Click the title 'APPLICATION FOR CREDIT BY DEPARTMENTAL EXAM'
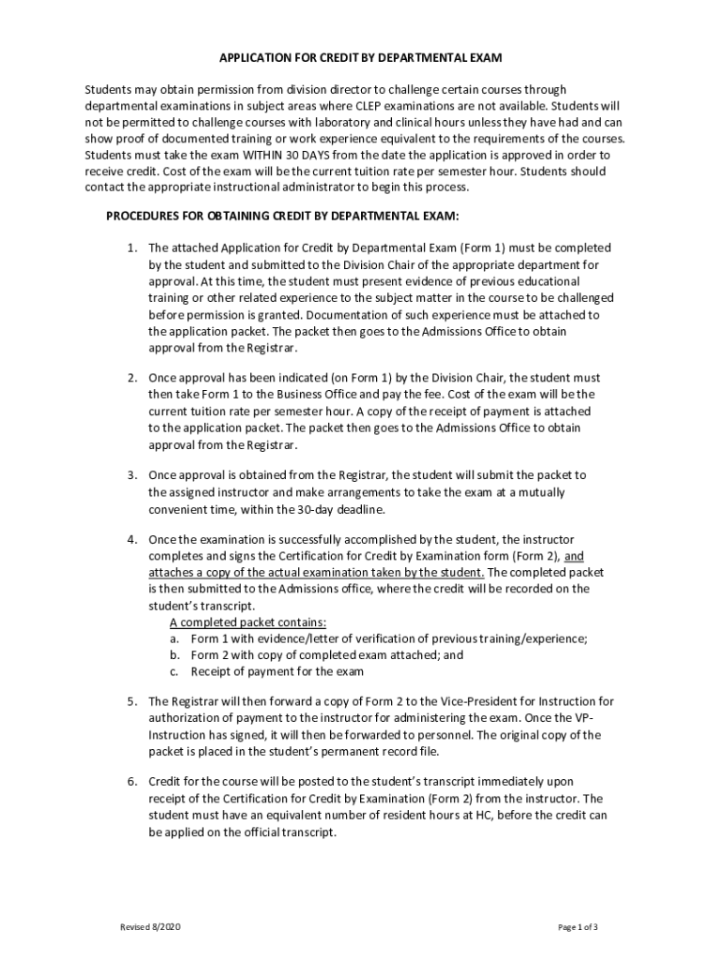tap(361, 58)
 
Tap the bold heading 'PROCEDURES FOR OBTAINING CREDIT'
tap(282, 216)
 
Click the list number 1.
tap(132, 248)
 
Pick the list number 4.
tap(132, 539)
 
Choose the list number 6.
tap(132, 782)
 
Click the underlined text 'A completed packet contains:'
tap(248, 622)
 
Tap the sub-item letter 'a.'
tap(174, 638)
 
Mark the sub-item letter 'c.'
tap(174, 672)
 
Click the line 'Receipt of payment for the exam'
tap(277, 672)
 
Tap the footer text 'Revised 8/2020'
tap(150, 927)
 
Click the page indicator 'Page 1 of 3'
tap(578, 927)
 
